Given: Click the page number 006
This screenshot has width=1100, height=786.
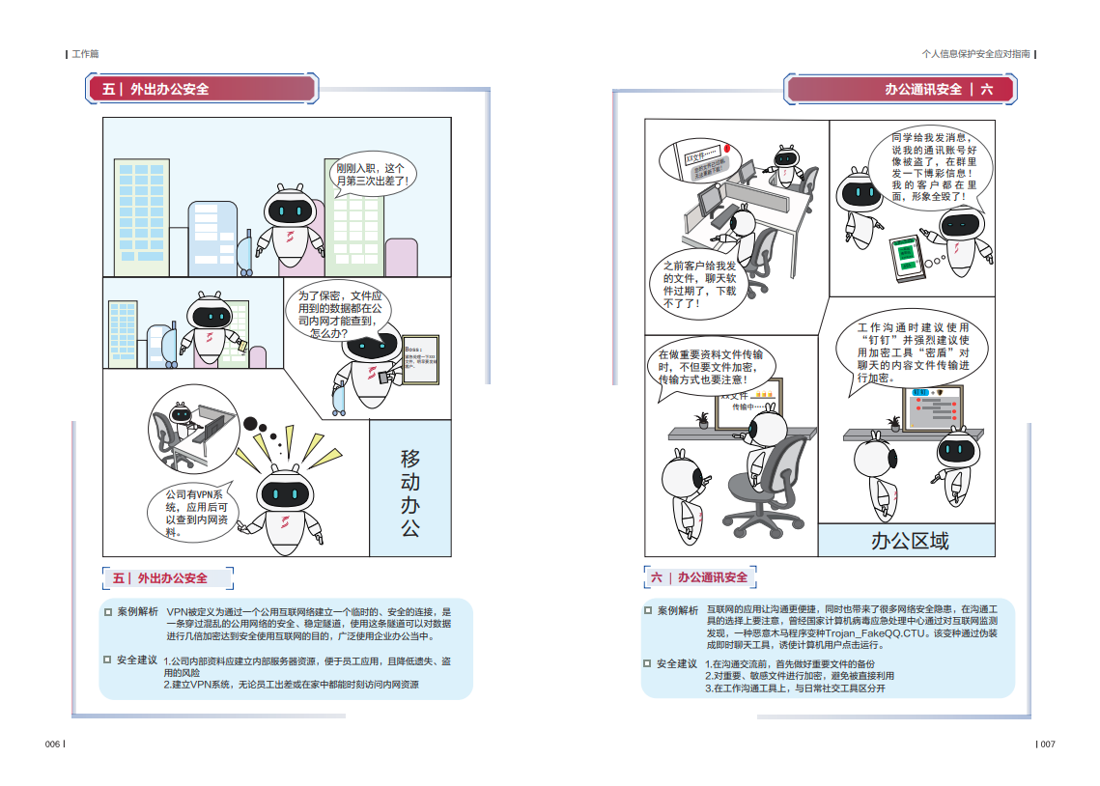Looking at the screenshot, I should coord(52,744).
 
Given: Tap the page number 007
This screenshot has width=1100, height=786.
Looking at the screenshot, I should coord(1047,744).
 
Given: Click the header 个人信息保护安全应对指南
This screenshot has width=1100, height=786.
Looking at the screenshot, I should coord(975,54).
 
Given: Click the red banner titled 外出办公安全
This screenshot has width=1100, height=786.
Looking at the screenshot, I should coord(203,89).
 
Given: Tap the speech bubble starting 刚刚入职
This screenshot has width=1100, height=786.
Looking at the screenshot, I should coord(372,175).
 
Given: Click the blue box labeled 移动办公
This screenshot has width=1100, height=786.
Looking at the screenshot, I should coord(410,491).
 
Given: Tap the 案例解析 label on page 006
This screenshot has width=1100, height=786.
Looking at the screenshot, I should coord(137,612).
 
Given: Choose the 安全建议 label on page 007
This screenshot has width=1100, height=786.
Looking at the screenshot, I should coord(676,664).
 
